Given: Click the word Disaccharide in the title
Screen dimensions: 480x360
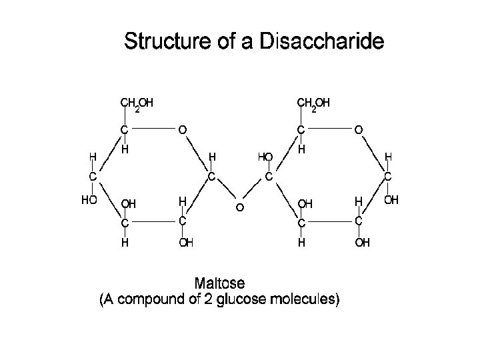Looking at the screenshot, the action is click(331, 42).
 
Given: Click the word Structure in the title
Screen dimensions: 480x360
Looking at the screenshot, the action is click(165, 42).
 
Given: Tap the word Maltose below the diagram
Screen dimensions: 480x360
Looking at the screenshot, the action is click(219, 284).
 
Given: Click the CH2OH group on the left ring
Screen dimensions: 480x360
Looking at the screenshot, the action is click(136, 103).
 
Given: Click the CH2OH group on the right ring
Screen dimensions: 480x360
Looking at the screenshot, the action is click(313, 103).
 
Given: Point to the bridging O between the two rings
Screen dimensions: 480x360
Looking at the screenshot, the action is click(239, 208).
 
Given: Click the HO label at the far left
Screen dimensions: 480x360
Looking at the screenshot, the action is click(89, 199).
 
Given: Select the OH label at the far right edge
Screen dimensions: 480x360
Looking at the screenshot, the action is click(391, 199).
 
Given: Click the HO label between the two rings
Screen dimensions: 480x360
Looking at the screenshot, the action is click(265, 157).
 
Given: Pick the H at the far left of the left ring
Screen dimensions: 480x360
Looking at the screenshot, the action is click(93, 157).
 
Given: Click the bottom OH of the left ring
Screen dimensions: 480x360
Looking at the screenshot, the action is click(186, 243).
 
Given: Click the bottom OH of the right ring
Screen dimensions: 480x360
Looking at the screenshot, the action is click(363, 243).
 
